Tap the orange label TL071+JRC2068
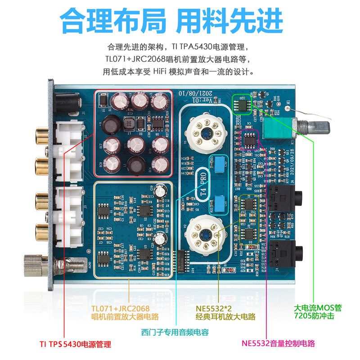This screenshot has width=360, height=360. pyautogui.click(x=120, y=308)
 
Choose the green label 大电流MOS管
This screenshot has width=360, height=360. pyautogui.click(x=318, y=308)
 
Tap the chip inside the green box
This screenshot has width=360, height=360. pyautogui.click(x=242, y=104)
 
